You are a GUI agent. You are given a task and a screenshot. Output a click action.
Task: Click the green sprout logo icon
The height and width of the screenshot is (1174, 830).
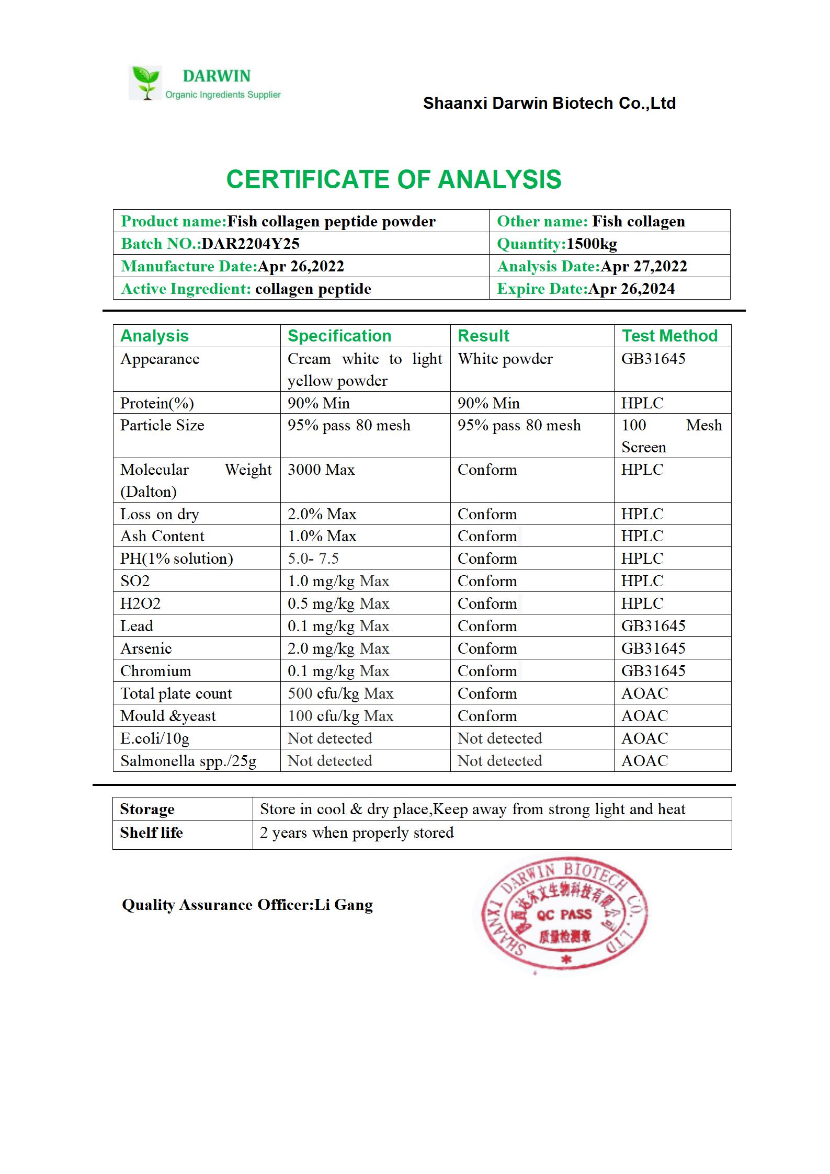tap(145, 83)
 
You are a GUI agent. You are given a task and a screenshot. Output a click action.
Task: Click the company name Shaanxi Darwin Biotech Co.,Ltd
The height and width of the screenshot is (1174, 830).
tap(549, 104)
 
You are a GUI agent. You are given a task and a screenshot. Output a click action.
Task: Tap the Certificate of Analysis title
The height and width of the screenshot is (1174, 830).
tap(393, 179)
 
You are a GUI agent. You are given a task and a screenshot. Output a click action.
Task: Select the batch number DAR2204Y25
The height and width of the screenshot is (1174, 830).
tap(251, 244)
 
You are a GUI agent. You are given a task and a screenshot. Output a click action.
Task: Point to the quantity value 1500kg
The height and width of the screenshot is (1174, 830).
tap(592, 244)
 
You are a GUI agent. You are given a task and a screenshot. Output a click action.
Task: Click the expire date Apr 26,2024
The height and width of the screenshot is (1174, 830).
tap(631, 289)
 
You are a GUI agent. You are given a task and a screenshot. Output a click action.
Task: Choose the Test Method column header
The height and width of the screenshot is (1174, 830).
tap(669, 336)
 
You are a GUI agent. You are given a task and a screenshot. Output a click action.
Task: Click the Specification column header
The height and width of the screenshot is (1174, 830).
tap(339, 336)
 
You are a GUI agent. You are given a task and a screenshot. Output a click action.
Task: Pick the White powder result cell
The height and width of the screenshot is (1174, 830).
tap(505, 359)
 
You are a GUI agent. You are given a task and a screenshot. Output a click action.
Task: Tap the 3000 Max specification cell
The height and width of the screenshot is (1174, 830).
tap(321, 470)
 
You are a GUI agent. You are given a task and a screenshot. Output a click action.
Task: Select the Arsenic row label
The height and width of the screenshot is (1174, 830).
tap(146, 648)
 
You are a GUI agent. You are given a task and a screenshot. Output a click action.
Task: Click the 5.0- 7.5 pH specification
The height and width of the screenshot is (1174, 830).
tap(313, 558)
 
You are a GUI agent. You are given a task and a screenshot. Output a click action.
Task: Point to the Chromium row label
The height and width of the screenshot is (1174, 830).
tap(155, 671)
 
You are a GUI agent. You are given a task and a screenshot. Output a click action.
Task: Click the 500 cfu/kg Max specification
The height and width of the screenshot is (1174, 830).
tap(340, 693)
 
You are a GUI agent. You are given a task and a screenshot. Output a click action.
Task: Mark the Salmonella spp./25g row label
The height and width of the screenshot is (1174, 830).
tap(188, 761)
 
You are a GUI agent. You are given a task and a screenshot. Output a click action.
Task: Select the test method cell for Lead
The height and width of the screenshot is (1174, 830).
tap(653, 626)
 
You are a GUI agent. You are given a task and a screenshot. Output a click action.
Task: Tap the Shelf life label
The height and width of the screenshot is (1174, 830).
tap(151, 833)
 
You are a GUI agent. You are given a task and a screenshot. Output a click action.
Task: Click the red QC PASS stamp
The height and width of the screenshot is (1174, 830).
tap(563, 915)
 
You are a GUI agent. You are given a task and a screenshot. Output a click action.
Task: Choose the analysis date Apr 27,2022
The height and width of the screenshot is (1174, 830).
tap(643, 266)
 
